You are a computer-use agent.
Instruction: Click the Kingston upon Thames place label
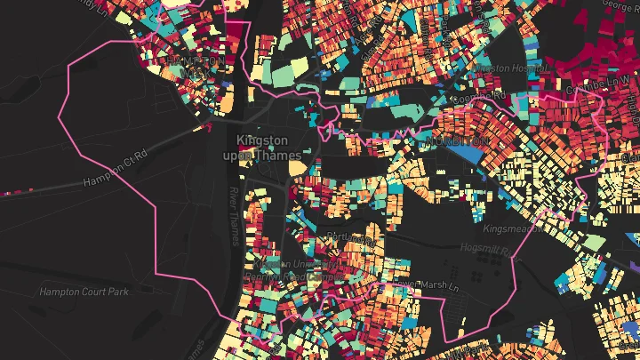(x=262, y=148)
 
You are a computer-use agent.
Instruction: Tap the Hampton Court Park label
(x=84, y=292)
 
